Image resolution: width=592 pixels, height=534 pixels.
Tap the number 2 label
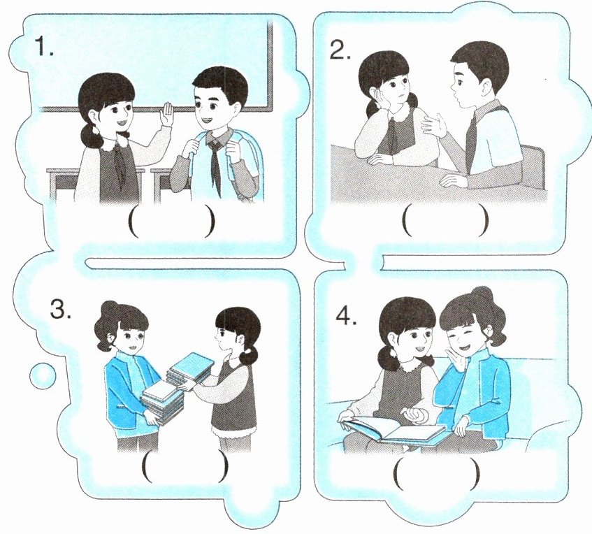coord(340,50)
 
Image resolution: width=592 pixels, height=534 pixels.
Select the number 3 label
coord(60,309)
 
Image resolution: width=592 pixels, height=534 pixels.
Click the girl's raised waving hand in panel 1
coord(166,114)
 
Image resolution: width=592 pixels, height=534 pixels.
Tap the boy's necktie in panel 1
coord(215,162)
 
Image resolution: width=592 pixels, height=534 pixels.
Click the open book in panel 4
coord(394,428)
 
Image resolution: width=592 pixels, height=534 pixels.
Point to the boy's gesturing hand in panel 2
coord(433,124)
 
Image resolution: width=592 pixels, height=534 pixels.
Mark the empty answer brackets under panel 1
coord(172,223)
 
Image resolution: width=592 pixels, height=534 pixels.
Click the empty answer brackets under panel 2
coord(445,219)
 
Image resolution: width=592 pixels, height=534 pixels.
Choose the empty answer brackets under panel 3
coord(186,468)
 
